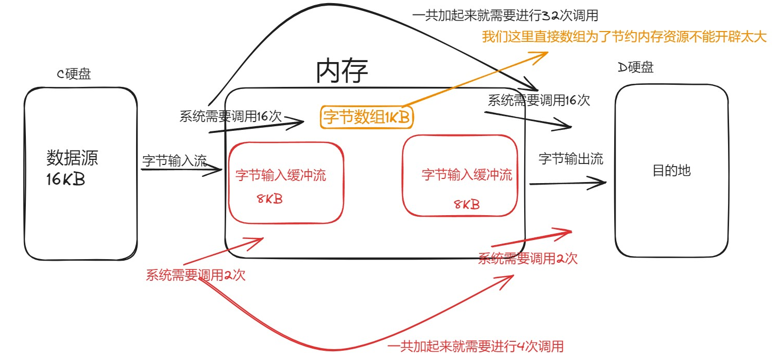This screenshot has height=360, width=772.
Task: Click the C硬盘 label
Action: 73,74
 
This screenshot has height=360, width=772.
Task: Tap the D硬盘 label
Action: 636,67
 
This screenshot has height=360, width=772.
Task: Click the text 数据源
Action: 72,158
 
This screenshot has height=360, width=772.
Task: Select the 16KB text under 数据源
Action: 66,180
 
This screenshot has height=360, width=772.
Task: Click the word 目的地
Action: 671,171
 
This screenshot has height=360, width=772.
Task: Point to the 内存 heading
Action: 342,71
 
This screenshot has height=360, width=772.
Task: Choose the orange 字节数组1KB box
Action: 367,118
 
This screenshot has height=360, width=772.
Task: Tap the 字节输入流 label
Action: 174,161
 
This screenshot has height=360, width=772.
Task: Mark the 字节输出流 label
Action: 571,159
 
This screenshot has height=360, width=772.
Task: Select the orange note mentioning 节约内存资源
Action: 624,37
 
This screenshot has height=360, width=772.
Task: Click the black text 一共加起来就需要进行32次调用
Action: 505,16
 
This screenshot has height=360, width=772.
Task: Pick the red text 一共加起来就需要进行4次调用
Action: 475,346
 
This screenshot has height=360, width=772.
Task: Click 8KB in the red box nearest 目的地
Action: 466,204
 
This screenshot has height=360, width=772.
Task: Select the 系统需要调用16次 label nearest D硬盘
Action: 539,100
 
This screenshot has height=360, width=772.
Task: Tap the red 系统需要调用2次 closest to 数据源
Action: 196,275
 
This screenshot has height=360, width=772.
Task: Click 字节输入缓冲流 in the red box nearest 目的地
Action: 467,175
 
